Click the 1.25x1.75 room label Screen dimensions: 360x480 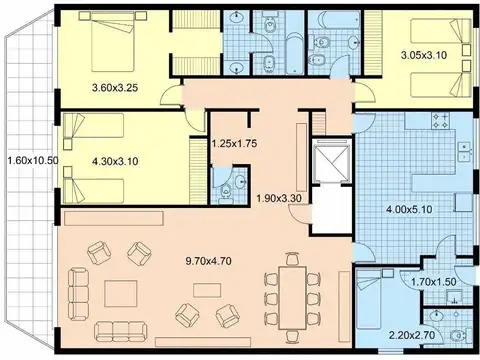coord(236,144)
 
